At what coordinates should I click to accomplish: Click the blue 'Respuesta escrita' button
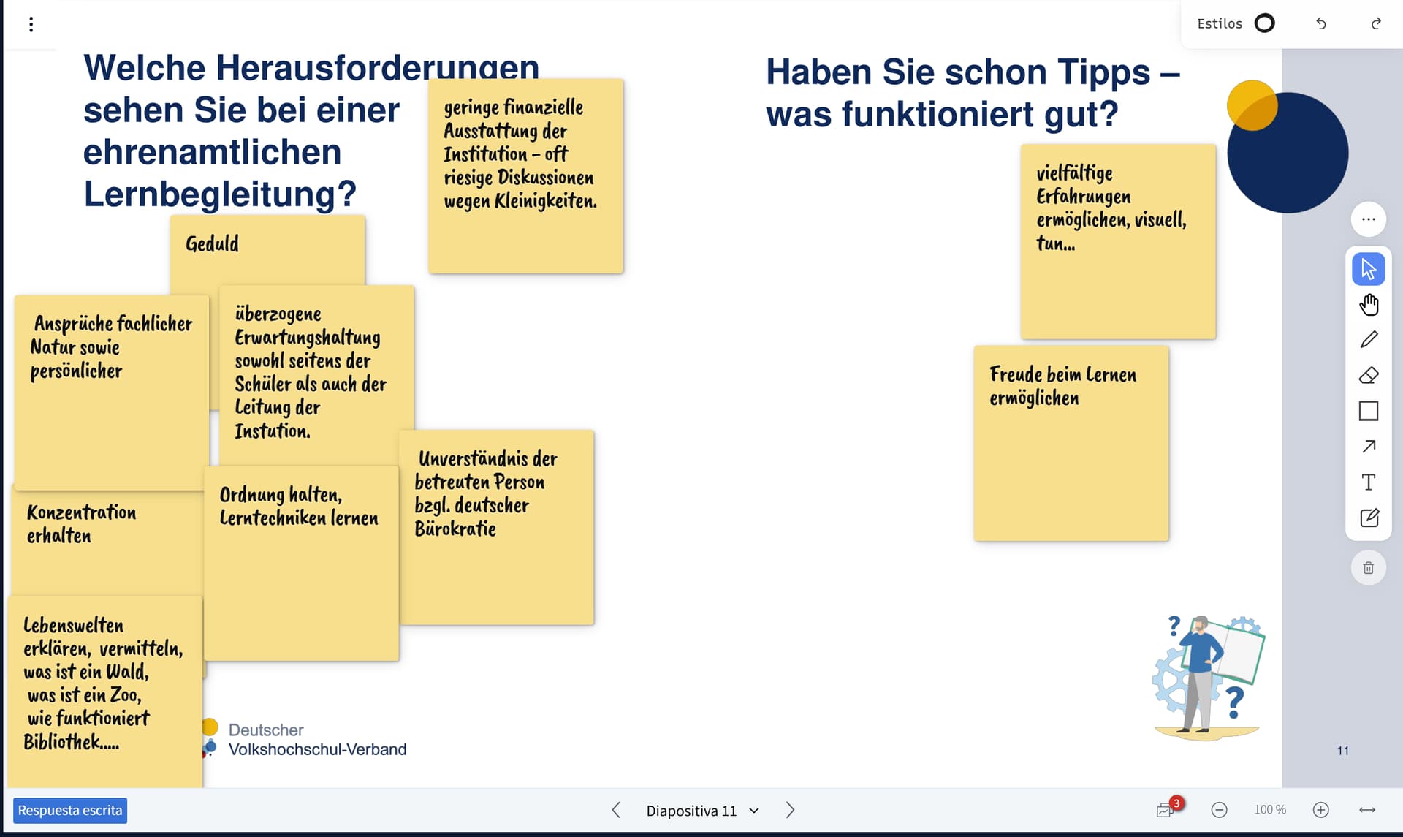pyautogui.click(x=70, y=810)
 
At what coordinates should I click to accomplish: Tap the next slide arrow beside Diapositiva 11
pyautogui.click(x=790, y=810)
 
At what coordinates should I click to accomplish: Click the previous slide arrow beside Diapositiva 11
pyautogui.click(x=616, y=810)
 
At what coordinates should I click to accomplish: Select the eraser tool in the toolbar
pyautogui.click(x=1369, y=375)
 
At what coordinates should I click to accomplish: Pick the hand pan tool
pyautogui.click(x=1369, y=304)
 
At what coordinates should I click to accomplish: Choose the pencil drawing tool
pyautogui.click(x=1369, y=340)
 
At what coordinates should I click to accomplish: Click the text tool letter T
pyautogui.click(x=1369, y=482)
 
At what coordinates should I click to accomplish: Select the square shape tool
pyautogui.click(x=1369, y=411)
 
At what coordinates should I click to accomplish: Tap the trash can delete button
pyautogui.click(x=1369, y=568)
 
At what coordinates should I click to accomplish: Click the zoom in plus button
pyautogui.click(x=1320, y=810)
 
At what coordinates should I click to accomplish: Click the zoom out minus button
pyautogui.click(x=1219, y=810)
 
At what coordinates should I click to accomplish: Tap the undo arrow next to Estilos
pyautogui.click(x=1321, y=23)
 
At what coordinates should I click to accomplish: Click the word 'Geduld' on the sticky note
pyautogui.click(x=212, y=244)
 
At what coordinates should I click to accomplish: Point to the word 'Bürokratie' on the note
pyautogui.click(x=455, y=529)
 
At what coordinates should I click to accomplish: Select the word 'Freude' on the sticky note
pyautogui.click(x=1016, y=374)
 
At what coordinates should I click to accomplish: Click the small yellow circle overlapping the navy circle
pyautogui.click(x=1252, y=105)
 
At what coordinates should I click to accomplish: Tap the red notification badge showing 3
pyautogui.click(x=1176, y=803)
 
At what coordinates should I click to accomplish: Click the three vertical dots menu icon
pyautogui.click(x=31, y=24)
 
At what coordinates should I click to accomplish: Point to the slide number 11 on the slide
pyautogui.click(x=1343, y=751)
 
